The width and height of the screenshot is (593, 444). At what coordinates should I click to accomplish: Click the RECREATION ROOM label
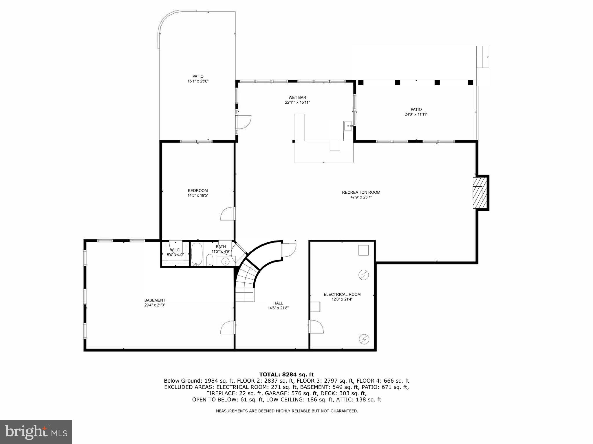[x=361, y=192]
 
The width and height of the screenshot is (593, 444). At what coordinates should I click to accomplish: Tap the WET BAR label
[x=297, y=98]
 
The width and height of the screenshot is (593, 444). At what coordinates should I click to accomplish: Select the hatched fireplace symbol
[x=479, y=193]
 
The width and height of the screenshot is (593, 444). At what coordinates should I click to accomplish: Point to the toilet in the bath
[x=210, y=260]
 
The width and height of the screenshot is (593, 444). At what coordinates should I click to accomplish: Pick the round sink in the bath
[x=225, y=262]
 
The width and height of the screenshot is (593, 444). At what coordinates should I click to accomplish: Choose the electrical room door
[x=316, y=327]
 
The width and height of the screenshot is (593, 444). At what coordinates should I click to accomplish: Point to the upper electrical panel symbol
[x=364, y=275]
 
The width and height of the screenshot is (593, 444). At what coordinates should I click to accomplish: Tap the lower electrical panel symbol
[x=364, y=339]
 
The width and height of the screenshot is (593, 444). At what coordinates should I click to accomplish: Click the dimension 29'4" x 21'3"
[x=155, y=305]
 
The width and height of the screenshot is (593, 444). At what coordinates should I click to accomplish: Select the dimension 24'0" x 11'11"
[x=416, y=114]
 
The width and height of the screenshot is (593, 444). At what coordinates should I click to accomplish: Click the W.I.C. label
[x=175, y=250]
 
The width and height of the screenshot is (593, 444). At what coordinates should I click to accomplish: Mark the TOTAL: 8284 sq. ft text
[x=286, y=375]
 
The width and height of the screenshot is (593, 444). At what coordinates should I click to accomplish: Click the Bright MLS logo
[x=36, y=432]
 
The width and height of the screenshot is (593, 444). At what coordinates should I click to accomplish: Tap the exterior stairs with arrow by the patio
[x=483, y=57]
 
